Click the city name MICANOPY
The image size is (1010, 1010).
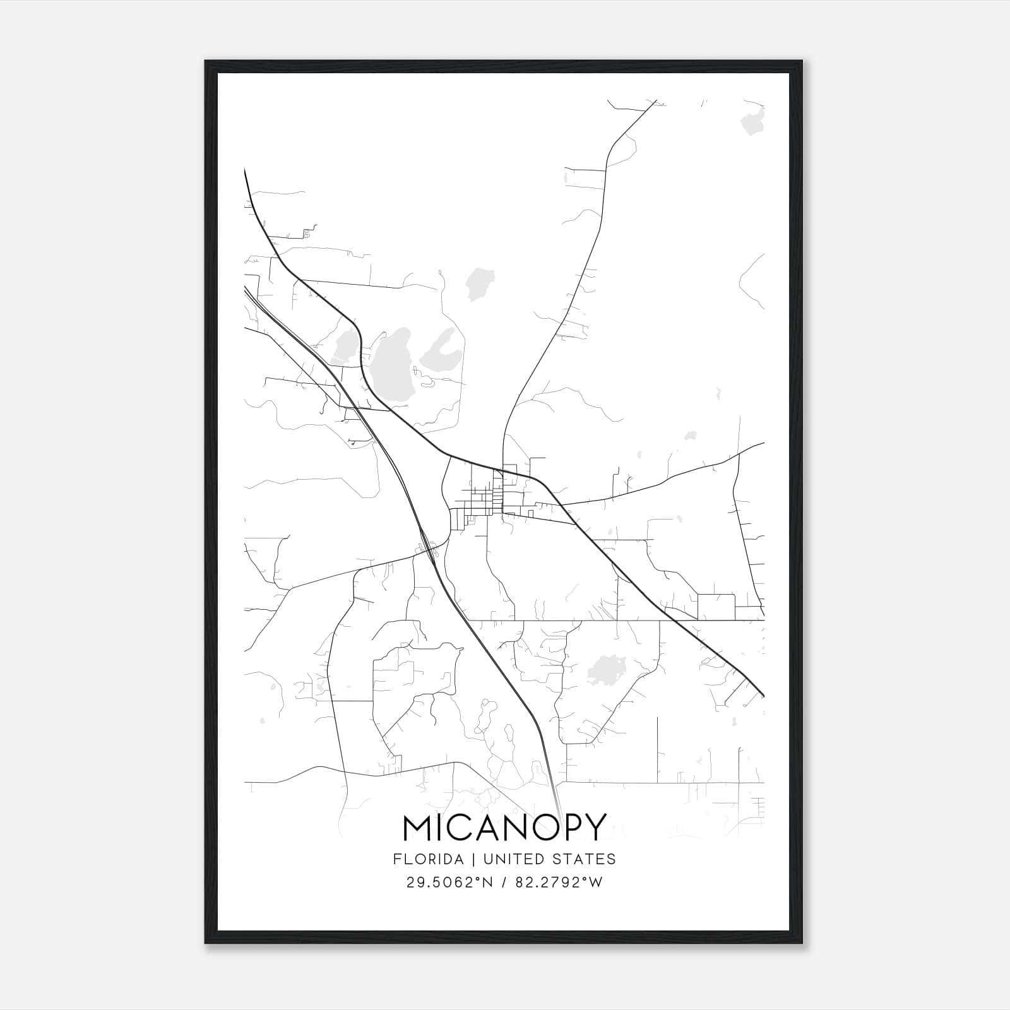(504, 827)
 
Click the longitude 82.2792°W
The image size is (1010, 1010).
(558, 882)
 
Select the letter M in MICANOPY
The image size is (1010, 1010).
(419, 827)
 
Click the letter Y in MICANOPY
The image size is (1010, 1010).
(595, 827)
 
